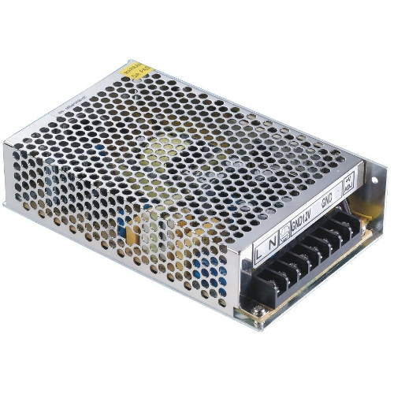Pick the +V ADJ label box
coord(347,186)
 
